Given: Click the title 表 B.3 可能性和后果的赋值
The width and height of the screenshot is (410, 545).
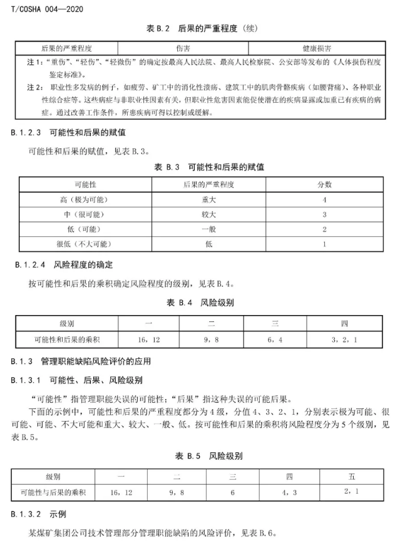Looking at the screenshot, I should pos(208,167).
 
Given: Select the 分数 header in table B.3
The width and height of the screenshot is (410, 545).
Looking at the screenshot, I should pos(324,185).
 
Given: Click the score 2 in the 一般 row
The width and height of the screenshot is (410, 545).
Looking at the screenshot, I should pos(324,229).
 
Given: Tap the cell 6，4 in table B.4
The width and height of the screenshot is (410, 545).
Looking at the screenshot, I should pos(274,339).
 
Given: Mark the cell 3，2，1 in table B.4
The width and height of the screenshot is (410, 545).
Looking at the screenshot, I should pos(344,339).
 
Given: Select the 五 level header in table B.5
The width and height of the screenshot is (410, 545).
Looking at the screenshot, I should pos(351,477).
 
